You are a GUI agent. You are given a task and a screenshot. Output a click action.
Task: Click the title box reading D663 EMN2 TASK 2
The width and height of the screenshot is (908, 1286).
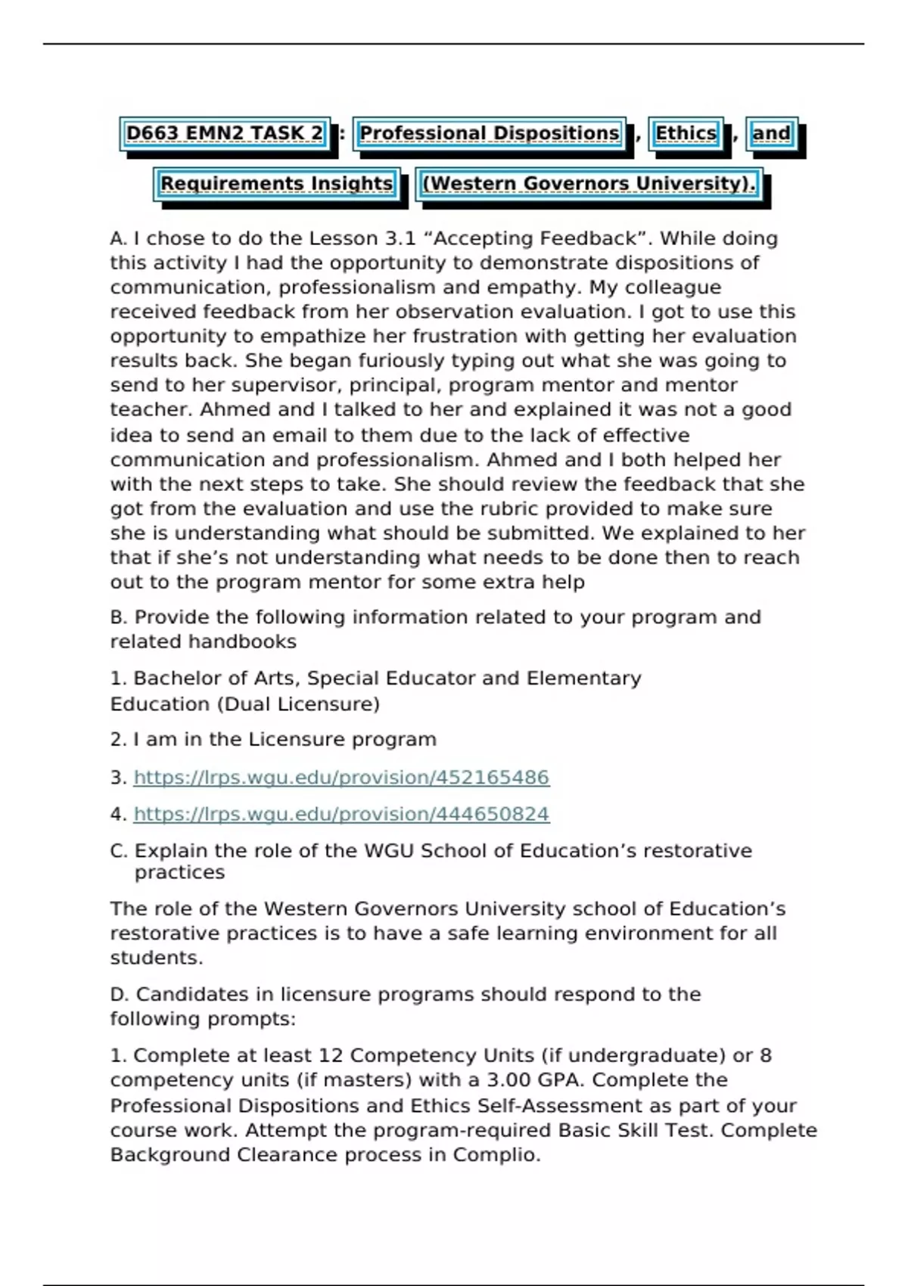pos(225,134)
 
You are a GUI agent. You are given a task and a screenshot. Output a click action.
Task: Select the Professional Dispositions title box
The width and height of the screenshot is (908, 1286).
pos(489,134)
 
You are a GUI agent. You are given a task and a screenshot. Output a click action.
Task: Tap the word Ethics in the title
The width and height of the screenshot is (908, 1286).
pos(686,134)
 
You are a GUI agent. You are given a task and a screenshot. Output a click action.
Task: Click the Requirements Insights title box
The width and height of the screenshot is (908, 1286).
pos(276,184)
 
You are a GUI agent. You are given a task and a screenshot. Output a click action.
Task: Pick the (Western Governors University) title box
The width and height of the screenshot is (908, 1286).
pos(589,184)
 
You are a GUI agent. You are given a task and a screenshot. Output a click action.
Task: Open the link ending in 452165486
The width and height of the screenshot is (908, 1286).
pos(341,778)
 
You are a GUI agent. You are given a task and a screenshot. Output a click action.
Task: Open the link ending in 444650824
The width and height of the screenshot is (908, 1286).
pos(341,814)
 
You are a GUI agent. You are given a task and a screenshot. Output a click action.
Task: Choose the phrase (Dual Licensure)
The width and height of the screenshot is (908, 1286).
pos(298,704)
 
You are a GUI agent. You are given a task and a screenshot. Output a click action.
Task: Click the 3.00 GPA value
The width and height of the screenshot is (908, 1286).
pos(553,1079)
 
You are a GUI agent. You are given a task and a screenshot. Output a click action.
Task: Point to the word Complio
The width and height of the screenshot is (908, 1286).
pos(496,1155)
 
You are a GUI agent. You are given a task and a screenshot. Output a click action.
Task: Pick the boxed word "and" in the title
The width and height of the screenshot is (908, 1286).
pos(771,134)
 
